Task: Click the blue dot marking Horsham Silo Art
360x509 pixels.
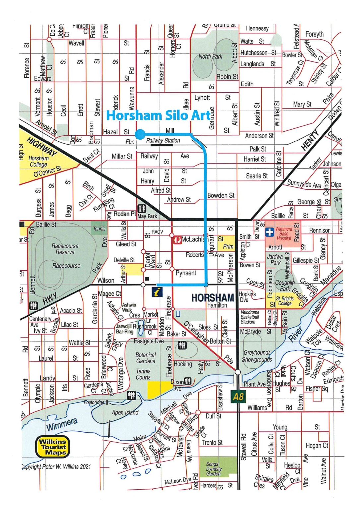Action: [x=140, y=134]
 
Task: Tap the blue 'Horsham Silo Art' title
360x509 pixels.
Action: [x=158, y=115]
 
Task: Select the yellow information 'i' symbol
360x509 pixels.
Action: [x=157, y=292]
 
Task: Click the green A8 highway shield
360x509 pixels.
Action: [x=238, y=396]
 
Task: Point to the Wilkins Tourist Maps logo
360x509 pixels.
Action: [x=53, y=447]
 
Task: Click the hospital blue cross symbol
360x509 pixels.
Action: [x=270, y=232]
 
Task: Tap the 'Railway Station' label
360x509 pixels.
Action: [x=163, y=141]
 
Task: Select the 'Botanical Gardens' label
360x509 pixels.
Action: [x=146, y=358]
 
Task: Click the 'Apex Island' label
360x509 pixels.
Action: [x=125, y=413]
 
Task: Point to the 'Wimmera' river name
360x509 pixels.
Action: [x=62, y=424]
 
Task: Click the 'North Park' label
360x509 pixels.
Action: [x=210, y=57]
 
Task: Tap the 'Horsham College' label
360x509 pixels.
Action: [x=38, y=161]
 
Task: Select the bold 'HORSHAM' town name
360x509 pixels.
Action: [x=212, y=298]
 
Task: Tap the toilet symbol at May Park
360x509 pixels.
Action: [x=142, y=209]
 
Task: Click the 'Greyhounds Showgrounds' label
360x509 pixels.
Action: [x=257, y=356]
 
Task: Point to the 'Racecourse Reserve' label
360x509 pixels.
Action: [x=65, y=249]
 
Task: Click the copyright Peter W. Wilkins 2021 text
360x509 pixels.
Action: [x=56, y=467]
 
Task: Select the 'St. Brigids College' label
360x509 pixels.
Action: [x=285, y=301]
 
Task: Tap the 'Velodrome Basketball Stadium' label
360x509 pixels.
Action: [x=250, y=317]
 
